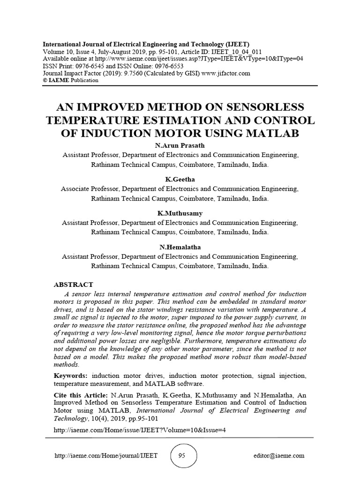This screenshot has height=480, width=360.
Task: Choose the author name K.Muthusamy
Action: [180, 213]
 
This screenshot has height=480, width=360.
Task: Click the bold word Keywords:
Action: [71, 375]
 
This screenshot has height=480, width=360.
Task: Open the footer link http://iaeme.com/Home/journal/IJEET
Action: [106, 456]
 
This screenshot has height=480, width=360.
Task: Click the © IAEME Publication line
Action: [70, 80]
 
